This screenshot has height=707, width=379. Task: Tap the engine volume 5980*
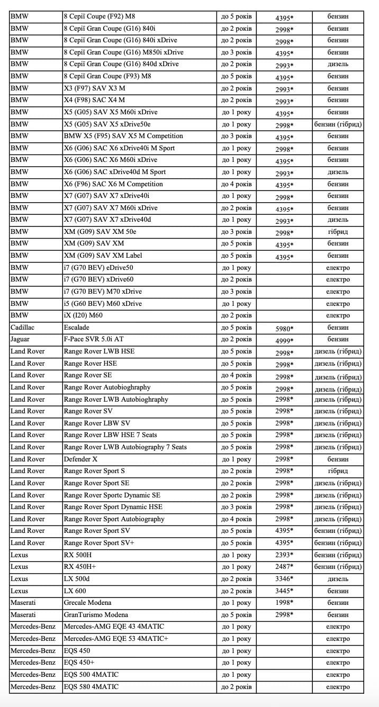(284, 329)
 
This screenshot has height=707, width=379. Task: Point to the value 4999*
(284, 340)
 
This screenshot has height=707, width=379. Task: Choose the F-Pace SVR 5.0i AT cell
(93, 339)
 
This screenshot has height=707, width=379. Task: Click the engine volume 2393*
(284, 555)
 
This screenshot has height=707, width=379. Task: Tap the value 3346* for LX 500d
(284, 579)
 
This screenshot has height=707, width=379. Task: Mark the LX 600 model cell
(75, 591)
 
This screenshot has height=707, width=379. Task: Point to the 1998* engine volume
(284, 603)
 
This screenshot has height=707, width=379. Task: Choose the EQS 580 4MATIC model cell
(91, 687)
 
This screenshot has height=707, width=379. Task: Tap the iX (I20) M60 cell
(83, 315)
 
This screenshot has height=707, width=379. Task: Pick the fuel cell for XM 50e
(338, 232)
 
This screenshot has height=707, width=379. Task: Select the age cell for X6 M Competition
(237, 184)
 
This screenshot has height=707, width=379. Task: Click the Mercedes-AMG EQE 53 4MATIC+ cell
(116, 639)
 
